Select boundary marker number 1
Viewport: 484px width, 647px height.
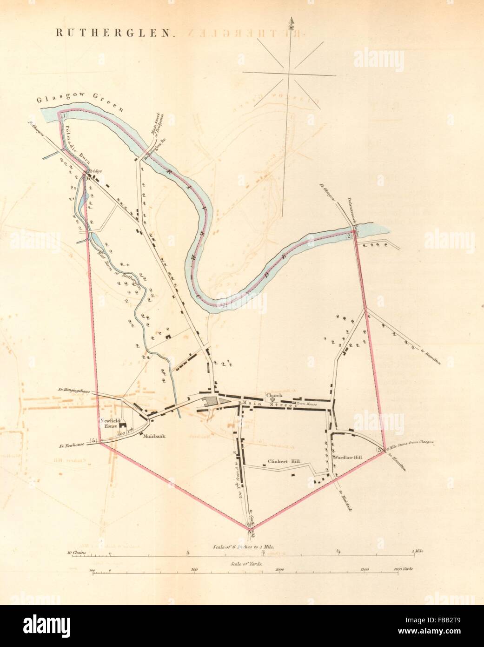pyautogui.click(x=64, y=115)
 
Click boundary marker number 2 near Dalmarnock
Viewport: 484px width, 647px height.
pyautogui.click(x=349, y=236)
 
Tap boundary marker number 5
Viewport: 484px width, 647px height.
pyautogui.click(x=94, y=440)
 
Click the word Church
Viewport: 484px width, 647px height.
pyautogui.click(x=274, y=395)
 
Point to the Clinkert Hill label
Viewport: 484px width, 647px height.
pyautogui.click(x=284, y=462)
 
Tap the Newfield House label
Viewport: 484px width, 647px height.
pyautogui.click(x=110, y=423)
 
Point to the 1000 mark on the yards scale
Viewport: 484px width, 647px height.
pyautogui.click(x=279, y=569)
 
